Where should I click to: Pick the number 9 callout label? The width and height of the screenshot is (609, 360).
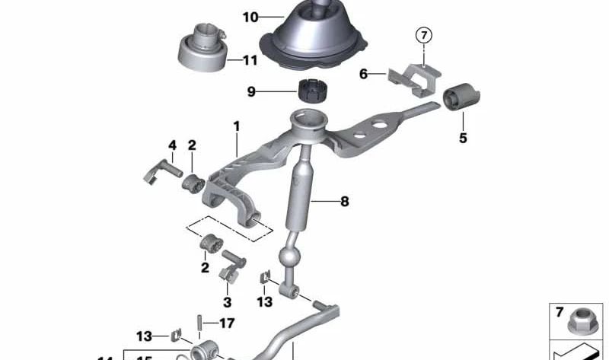click(252, 92)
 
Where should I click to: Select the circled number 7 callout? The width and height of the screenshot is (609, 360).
click(423, 34)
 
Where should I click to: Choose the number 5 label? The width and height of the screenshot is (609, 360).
click(463, 139)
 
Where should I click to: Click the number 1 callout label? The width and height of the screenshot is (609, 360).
click(237, 125)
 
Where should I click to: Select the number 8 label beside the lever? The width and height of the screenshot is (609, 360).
click(344, 202)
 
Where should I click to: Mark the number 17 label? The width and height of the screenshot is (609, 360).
click(227, 323)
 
